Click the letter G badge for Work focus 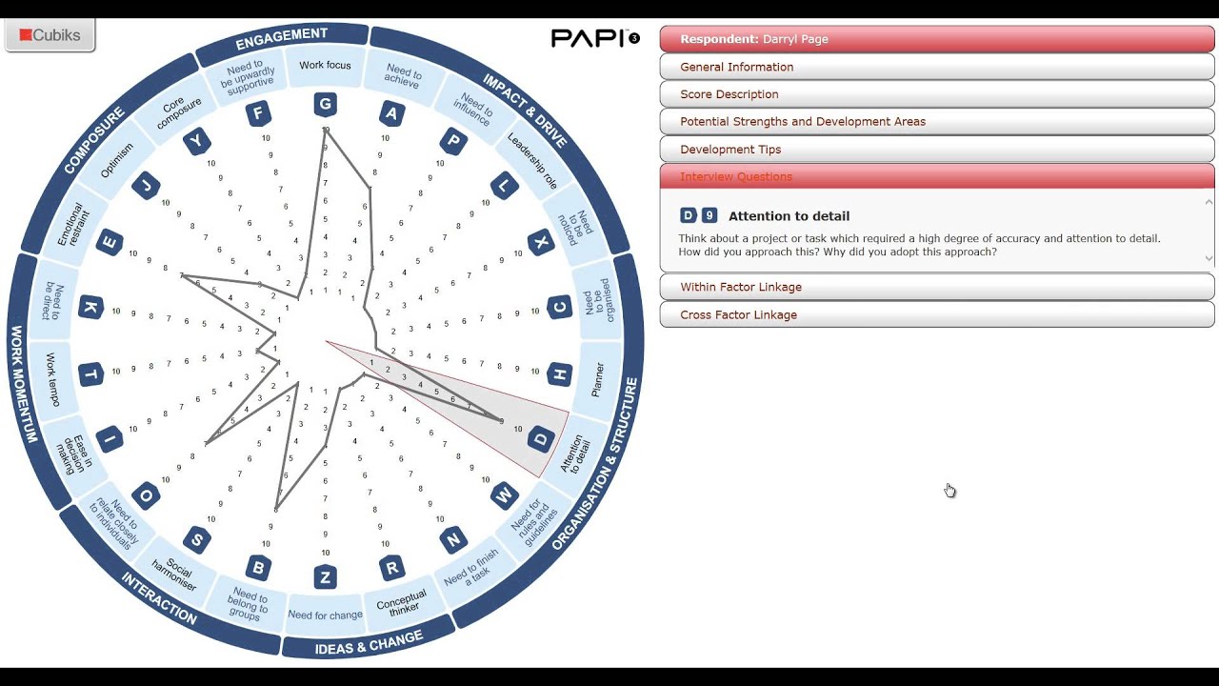[326, 105]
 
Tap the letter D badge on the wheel [541, 439]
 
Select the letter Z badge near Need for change [326, 576]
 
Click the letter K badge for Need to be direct [90, 307]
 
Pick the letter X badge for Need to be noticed [541, 242]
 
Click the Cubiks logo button [50, 36]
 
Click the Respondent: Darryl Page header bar [936, 39]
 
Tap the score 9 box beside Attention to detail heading [709, 216]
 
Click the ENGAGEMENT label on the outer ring [282, 37]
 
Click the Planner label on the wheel [598, 379]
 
